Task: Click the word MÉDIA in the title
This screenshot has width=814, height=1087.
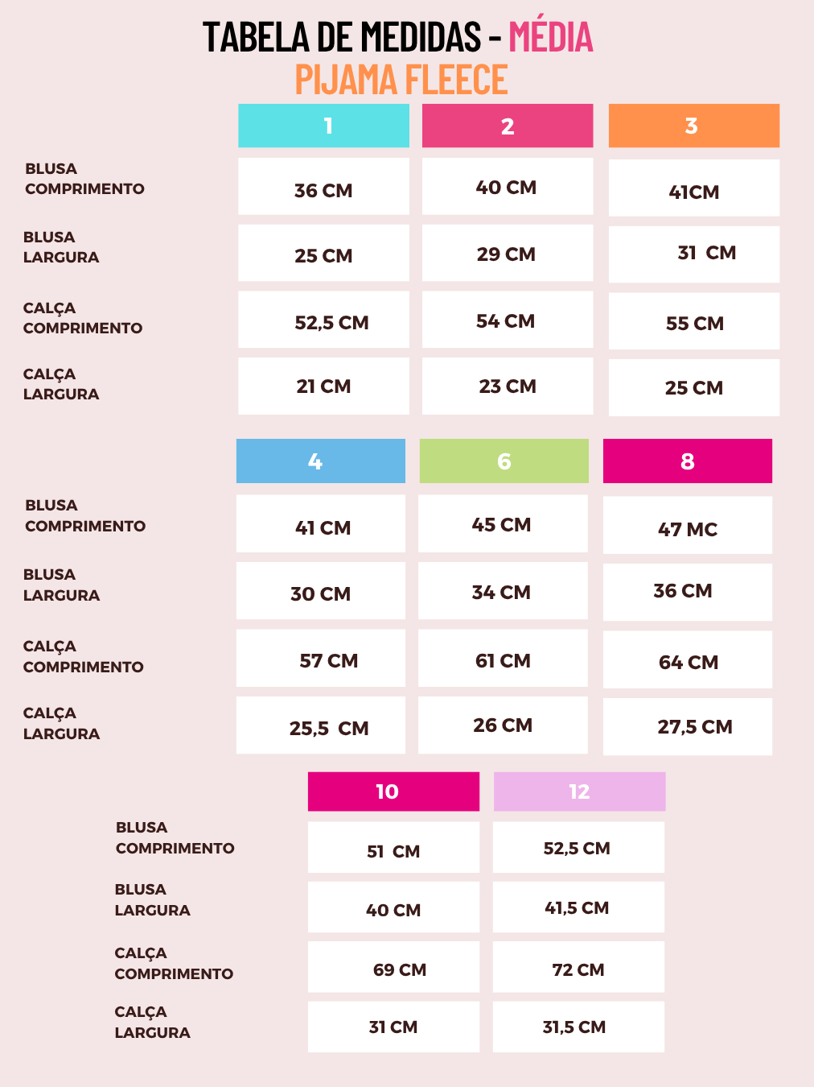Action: [x=551, y=37]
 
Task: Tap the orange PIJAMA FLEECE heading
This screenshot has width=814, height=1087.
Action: [x=401, y=80]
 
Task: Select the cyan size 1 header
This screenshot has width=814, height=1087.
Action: [x=323, y=126]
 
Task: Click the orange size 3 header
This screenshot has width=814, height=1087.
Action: [x=693, y=126]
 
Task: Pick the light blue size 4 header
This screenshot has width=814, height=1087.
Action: [x=320, y=461]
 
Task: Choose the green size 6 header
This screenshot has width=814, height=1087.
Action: [x=504, y=461]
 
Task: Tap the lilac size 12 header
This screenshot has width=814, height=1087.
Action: [x=579, y=791]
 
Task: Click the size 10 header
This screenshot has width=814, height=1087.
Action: [x=393, y=791]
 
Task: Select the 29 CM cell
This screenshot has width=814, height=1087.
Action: [x=507, y=254]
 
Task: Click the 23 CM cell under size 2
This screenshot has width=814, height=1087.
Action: [x=507, y=386]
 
